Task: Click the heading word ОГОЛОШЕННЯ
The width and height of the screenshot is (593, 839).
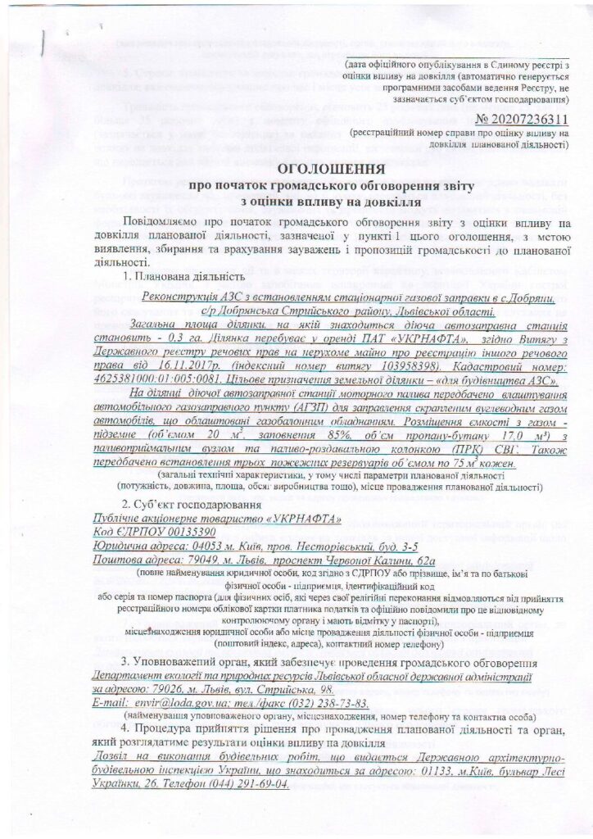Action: (297, 169)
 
